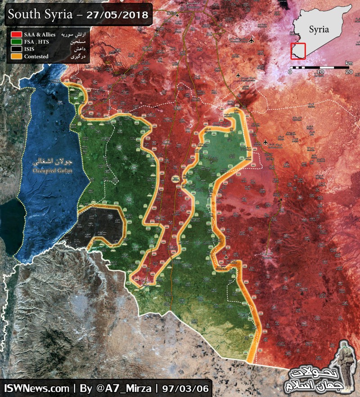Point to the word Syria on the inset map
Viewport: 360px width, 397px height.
(319, 30)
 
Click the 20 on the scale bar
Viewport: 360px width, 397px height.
(348, 72)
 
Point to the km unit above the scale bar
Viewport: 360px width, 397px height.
(349, 62)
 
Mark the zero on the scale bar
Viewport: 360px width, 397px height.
(290, 72)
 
